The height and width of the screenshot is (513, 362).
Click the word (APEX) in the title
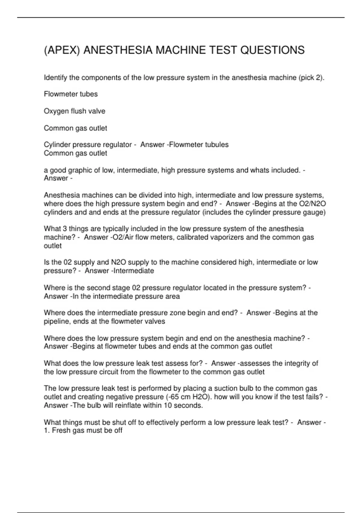point(62,50)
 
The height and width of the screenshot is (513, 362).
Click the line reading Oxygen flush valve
point(75,111)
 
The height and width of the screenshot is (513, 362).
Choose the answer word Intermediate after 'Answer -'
point(134,271)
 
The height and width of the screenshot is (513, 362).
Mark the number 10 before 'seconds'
point(168,405)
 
